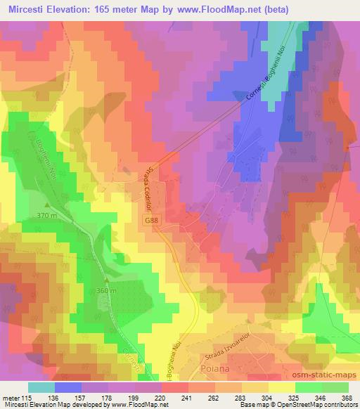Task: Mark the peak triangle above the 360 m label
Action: pos(98,283)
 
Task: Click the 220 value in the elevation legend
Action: pos(161,398)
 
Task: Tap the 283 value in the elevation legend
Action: pos(240,398)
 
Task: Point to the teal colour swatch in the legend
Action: pos(41,387)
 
